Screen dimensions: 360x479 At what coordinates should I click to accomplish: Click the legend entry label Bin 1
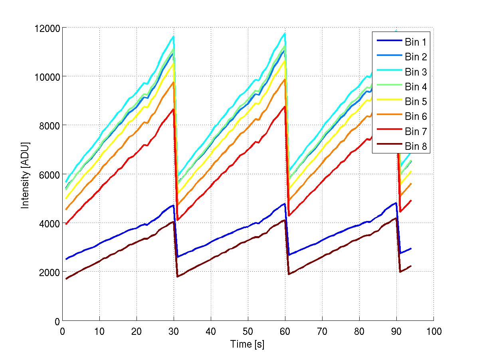point(416,42)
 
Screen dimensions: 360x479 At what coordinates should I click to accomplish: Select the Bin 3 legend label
point(416,72)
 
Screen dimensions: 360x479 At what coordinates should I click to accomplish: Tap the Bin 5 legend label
point(416,101)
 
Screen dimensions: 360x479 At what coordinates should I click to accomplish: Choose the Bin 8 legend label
point(416,147)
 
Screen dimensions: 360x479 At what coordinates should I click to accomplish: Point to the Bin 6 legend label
point(416,116)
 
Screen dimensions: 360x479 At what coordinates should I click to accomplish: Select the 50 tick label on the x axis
point(248,331)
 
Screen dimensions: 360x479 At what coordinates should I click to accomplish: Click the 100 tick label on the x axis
point(433,331)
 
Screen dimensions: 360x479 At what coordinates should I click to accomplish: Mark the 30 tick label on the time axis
point(174,331)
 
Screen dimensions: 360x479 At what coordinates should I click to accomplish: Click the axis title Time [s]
point(247,344)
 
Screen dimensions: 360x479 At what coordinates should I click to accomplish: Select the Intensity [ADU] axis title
point(26,174)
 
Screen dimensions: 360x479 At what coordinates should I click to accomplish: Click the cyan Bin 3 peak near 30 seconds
point(173,36)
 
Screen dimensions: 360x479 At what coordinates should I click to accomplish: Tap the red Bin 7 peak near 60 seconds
point(285,106)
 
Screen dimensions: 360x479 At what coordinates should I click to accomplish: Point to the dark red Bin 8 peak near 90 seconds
point(396,218)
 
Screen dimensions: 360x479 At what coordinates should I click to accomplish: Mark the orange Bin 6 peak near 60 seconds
point(285,79)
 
